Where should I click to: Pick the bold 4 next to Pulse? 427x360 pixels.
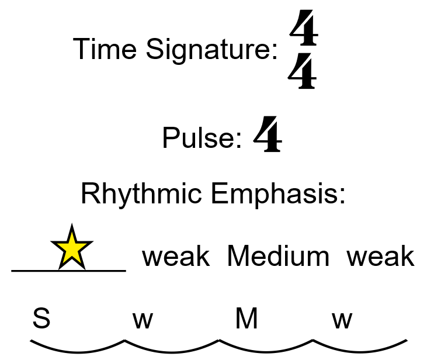(268, 135)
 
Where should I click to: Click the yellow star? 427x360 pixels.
(72, 248)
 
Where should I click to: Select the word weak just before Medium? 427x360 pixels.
(176, 257)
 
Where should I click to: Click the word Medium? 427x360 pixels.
(278, 257)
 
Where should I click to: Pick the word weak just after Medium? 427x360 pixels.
(380, 257)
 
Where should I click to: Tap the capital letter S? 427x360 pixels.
(41, 319)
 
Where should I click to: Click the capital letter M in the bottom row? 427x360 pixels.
(247, 319)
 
